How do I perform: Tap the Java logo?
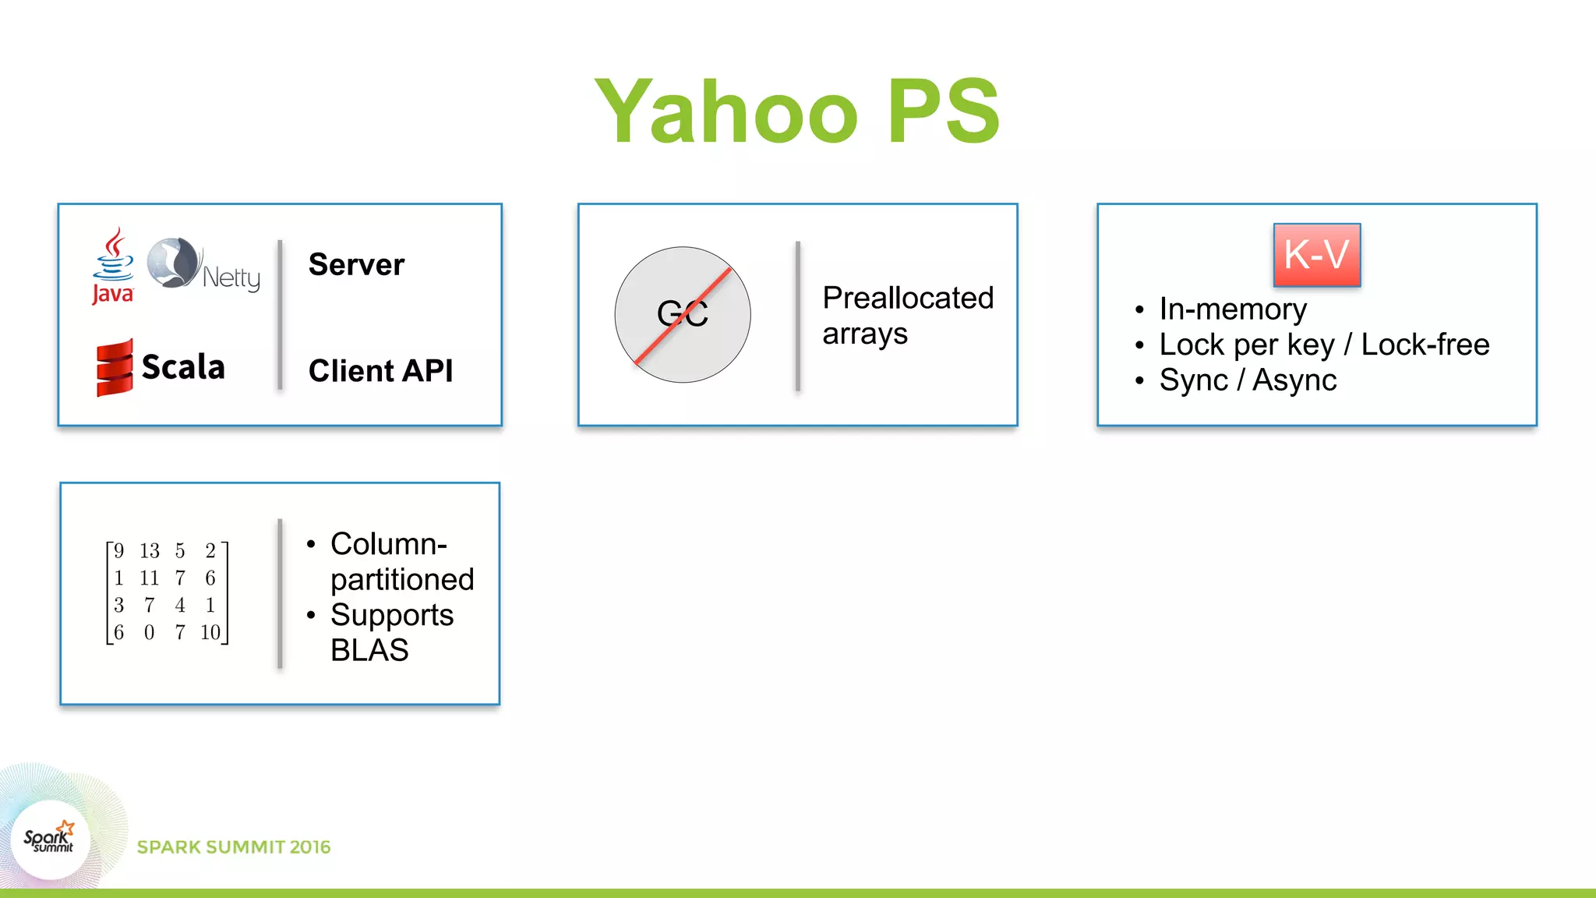click(113, 266)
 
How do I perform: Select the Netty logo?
click(203, 266)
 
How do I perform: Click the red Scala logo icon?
click(115, 367)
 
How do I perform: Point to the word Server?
click(356, 265)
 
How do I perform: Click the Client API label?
click(380, 371)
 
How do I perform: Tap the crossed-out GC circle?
click(683, 314)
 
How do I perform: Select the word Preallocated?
click(908, 298)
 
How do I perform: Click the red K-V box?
click(1316, 255)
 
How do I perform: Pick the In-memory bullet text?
click(1232, 309)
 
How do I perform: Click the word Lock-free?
click(1425, 345)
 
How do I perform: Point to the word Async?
click(1294, 380)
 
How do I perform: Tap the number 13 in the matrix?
click(150, 551)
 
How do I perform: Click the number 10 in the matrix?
click(210, 632)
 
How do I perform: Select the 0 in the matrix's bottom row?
click(150, 632)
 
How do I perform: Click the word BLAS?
click(369, 650)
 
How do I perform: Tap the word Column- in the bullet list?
click(388, 544)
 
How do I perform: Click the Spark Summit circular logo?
click(51, 840)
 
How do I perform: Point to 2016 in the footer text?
click(310, 847)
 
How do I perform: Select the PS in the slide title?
click(943, 111)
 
